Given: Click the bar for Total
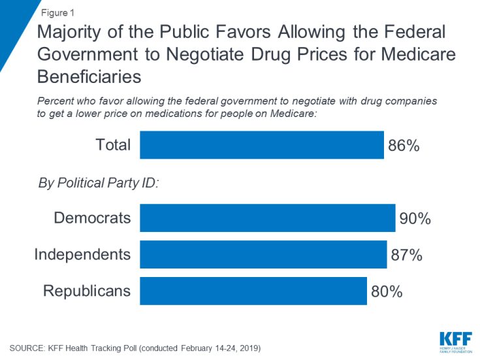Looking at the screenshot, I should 261,145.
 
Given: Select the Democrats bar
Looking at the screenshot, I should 267,218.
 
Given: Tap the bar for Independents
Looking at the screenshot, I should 263,254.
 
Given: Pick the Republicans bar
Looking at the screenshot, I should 253,291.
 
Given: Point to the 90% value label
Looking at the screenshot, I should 416,218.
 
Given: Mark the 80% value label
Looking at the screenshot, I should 387,291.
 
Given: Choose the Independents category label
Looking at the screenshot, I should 82,254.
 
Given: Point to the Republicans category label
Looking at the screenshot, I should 87,291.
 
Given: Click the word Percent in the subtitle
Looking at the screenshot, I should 57,103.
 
